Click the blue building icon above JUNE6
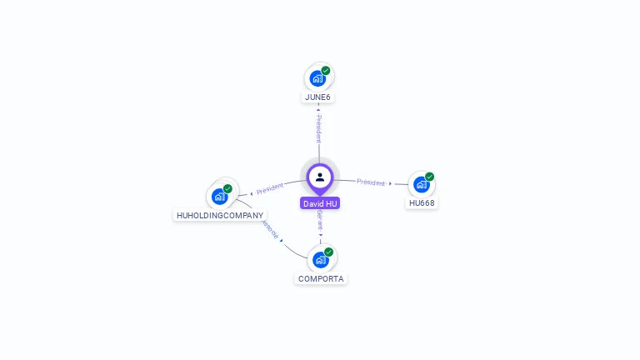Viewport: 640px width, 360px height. (x=317, y=79)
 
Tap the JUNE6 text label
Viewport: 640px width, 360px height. (x=317, y=97)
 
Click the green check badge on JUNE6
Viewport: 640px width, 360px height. (x=326, y=71)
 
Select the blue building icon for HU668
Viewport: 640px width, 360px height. (x=421, y=184)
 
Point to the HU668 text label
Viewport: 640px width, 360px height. (x=422, y=202)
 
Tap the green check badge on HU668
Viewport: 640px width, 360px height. (x=429, y=177)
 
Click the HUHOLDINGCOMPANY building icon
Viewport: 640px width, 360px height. (x=219, y=197)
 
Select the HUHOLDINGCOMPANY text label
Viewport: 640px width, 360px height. (x=220, y=215)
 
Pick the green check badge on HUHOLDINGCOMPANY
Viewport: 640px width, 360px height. (x=227, y=188)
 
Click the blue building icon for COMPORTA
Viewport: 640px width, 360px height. (x=320, y=260)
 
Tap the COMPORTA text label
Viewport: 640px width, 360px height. (x=321, y=278)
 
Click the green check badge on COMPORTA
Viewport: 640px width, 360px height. (x=329, y=252)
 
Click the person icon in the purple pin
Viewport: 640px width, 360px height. (x=320, y=177)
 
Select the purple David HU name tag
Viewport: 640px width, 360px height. (x=320, y=203)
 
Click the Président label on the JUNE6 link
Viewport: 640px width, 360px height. (x=318, y=129)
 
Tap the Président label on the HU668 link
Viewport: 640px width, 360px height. (x=371, y=182)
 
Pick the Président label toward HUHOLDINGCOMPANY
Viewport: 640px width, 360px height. (x=270, y=188)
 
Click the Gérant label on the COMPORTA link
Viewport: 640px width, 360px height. (x=320, y=220)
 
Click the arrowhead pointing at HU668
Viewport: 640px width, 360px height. (x=391, y=183)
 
